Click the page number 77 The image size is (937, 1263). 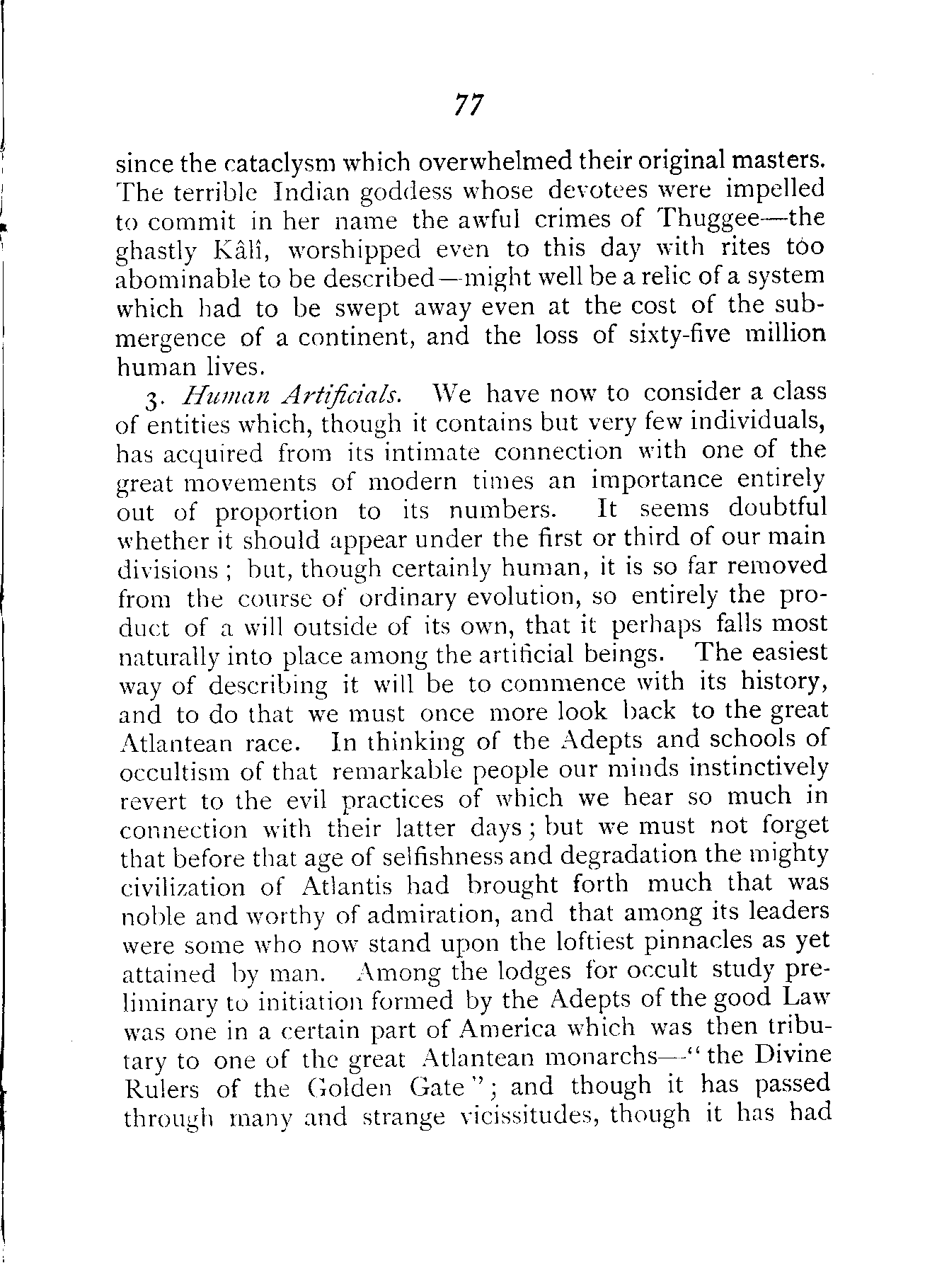tap(468, 105)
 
